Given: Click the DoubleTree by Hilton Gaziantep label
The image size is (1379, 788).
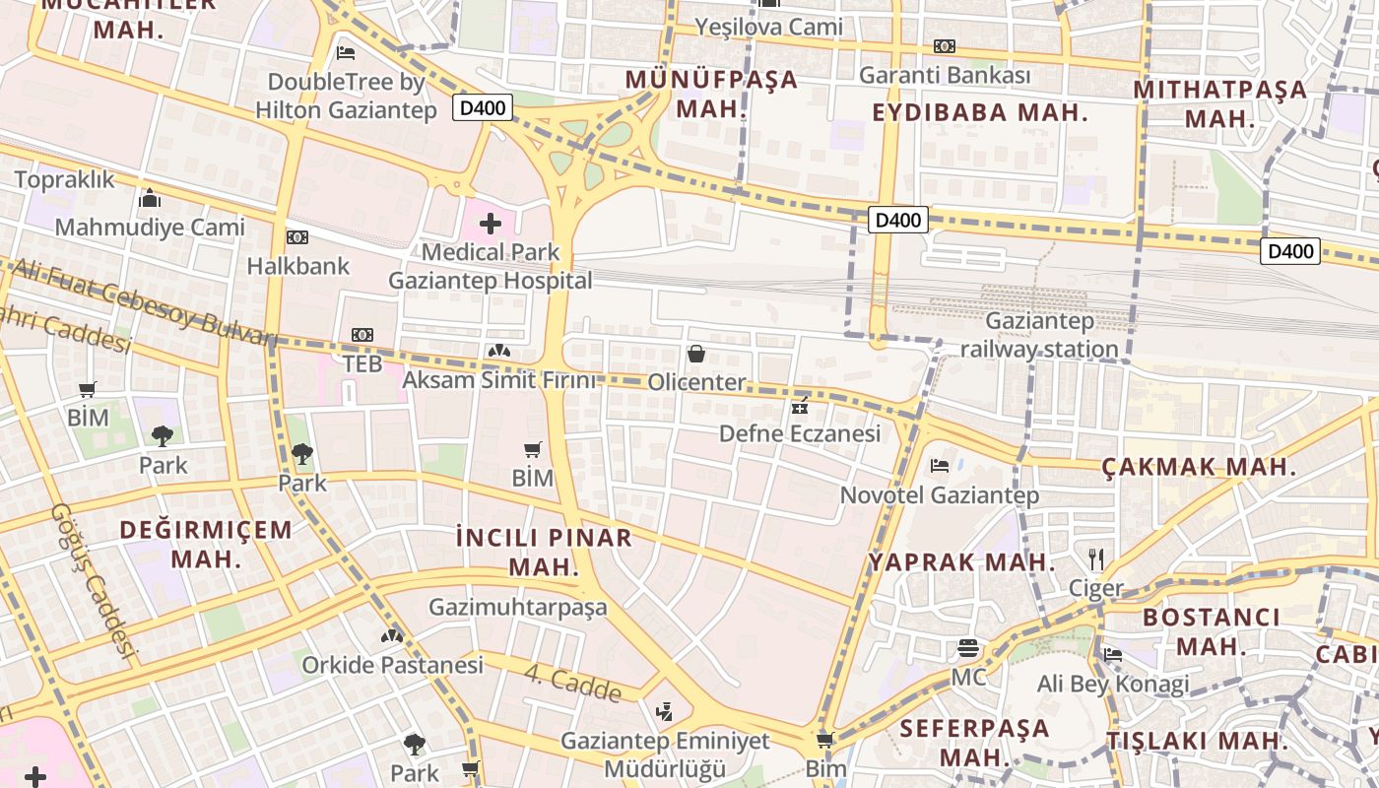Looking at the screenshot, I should click(x=346, y=97).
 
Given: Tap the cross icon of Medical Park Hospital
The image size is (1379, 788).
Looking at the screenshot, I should click(x=491, y=224).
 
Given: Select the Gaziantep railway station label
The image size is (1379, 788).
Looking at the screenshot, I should click(x=1039, y=335).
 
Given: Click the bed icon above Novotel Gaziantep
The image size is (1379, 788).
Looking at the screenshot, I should click(x=940, y=465).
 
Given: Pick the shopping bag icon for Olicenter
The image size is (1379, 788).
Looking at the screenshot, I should click(x=696, y=354).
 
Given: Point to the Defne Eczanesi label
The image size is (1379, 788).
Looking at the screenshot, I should click(x=799, y=433).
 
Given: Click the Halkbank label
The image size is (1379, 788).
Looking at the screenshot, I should click(x=297, y=266).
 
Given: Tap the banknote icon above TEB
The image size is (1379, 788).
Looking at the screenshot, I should click(x=362, y=335).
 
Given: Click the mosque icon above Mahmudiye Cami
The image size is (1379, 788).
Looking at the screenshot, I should click(x=150, y=199).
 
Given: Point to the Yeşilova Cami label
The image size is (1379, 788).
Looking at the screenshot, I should click(x=768, y=27).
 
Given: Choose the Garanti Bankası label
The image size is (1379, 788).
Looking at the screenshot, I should click(x=945, y=75).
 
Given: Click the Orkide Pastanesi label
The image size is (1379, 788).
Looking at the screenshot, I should click(x=392, y=665).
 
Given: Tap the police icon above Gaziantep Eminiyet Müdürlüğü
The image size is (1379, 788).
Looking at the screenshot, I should click(x=665, y=711).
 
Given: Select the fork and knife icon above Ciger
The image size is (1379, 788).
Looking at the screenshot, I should click(x=1096, y=559).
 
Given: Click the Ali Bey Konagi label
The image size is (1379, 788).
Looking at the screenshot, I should click(x=1112, y=684).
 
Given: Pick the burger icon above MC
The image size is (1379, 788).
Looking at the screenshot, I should click(x=968, y=648).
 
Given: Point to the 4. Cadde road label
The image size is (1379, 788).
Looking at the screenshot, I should click(x=572, y=684).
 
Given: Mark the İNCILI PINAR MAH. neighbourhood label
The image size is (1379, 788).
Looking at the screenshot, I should click(x=544, y=552).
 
